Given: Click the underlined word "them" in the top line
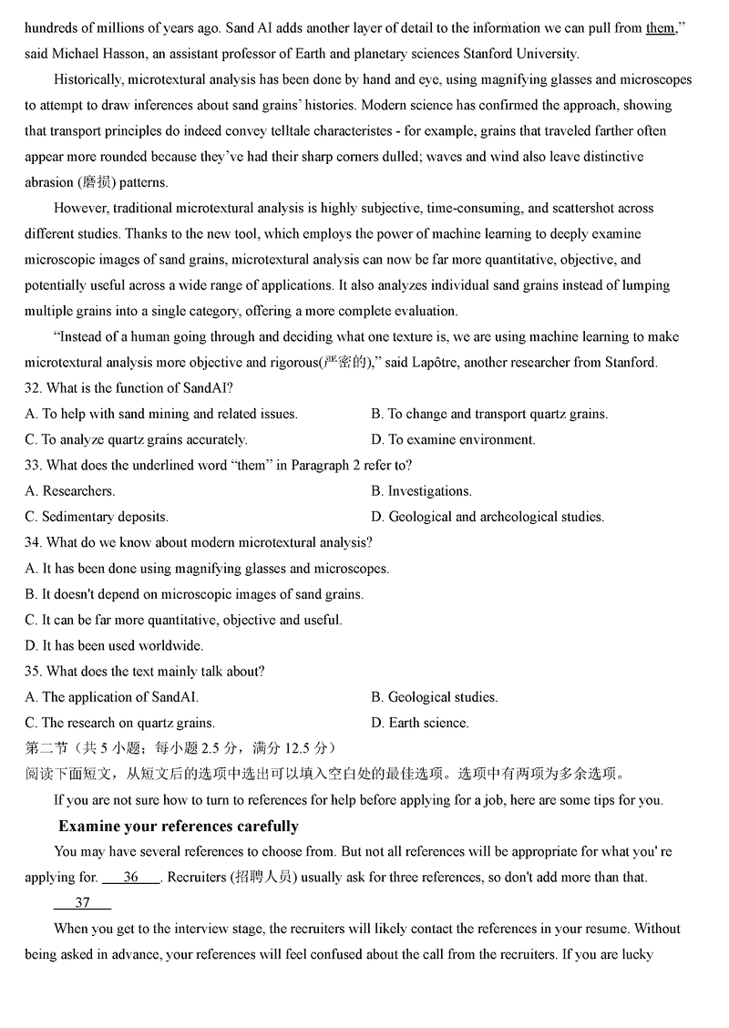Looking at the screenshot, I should click(660, 28).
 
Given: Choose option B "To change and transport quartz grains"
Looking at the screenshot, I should click(489, 414).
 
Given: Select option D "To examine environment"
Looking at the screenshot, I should click(453, 439).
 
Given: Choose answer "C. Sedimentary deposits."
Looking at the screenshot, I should click(97, 517).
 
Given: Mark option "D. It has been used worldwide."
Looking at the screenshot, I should click(114, 645).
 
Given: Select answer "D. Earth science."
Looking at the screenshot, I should click(420, 723).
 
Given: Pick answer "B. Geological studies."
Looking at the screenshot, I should click(435, 697).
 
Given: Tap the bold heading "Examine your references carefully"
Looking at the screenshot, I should click(179, 827).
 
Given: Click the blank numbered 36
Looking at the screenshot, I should click(131, 878).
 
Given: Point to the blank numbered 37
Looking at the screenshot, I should click(83, 903).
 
